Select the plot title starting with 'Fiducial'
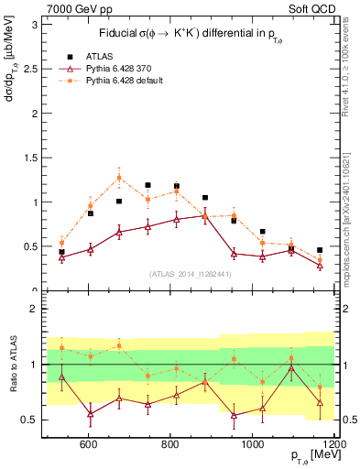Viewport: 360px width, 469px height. click(x=188, y=35)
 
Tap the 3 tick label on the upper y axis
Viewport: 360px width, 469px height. click(x=35, y=25)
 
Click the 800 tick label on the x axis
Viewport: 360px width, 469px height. click(x=169, y=444)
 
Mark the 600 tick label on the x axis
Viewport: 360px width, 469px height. click(x=89, y=444)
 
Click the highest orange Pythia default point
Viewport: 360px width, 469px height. click(x=119, y=178)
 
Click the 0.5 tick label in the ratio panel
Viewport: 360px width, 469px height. click(x=31, y=420)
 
